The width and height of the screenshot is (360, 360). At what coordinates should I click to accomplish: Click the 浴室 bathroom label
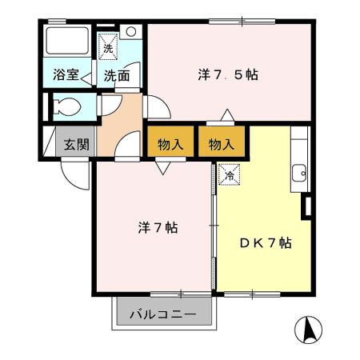tap(66, 75)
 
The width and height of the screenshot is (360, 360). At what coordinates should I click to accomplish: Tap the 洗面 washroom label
tap(117, 76)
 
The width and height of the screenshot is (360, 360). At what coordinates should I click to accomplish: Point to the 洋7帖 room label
tap(158, 227)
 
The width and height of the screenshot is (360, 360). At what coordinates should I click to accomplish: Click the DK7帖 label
tap(265, 242)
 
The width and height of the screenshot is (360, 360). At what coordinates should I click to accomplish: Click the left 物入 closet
tap(170, 145)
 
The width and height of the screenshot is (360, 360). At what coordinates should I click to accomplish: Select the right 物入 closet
tap(222, 145)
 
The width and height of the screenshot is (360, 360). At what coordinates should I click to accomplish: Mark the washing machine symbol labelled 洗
tap(108, 46)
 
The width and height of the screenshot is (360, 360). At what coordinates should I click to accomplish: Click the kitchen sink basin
tap(301, 171)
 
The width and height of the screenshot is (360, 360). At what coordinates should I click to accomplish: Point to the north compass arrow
tap(309, 329)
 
